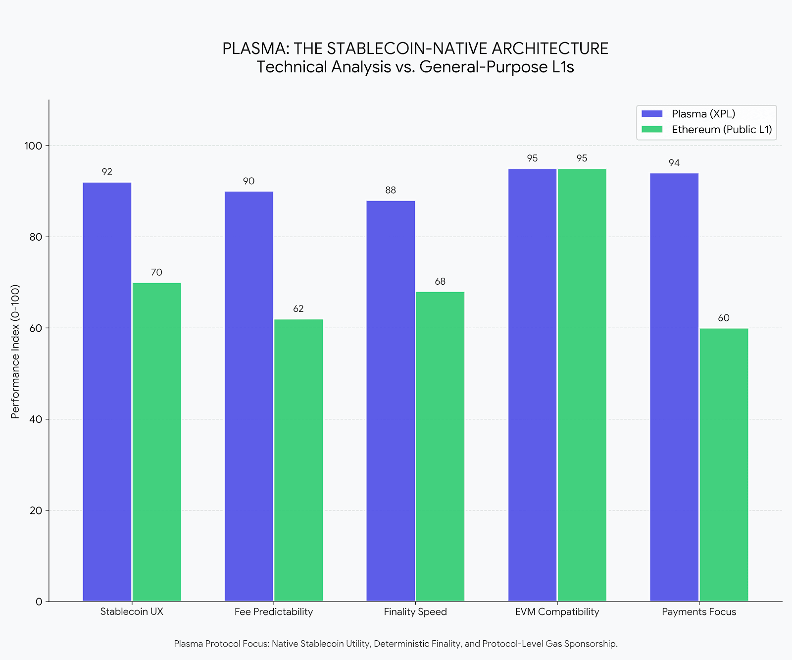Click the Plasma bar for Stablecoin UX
click(x=107, y=391)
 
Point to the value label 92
click(x=107, y=172)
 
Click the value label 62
click(x=298, y=309)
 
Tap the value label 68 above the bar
click(x=440, y=282)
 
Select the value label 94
click(x=674, y=163)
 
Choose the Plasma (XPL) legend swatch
click(x=651, y=114)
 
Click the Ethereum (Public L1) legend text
click(x=722, y=130)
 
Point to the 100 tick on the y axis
click(x=36, y=146)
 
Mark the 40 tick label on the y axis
click(x=36, y=419)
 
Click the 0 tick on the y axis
click(x=39, y=602)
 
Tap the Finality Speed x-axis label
click(x=415, y=612)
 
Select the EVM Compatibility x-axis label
click(x=557, y=612)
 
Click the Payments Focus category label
click(x=699, y=612)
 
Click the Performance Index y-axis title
click(x=15, y=352)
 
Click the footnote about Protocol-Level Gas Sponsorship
click(x=396, y=644)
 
